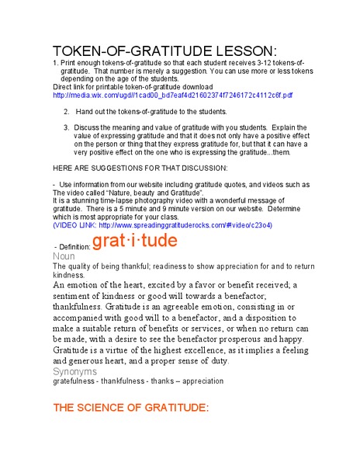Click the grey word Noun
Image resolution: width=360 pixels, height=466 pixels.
click(64, 256)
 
